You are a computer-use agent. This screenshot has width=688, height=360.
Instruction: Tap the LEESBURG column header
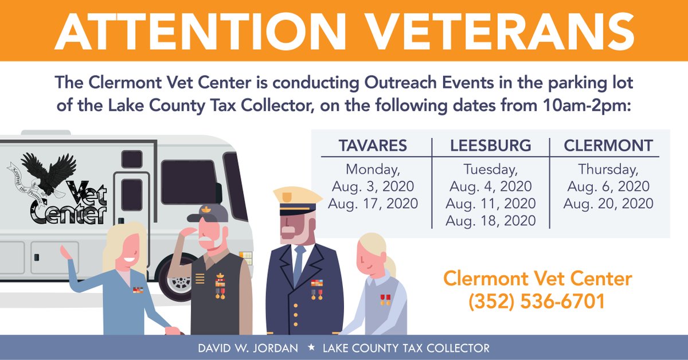490,146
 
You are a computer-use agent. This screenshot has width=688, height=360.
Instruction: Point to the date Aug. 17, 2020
373,204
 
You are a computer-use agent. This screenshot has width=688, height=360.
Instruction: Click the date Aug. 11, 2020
490,204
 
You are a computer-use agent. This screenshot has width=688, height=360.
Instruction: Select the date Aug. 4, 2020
490,187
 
